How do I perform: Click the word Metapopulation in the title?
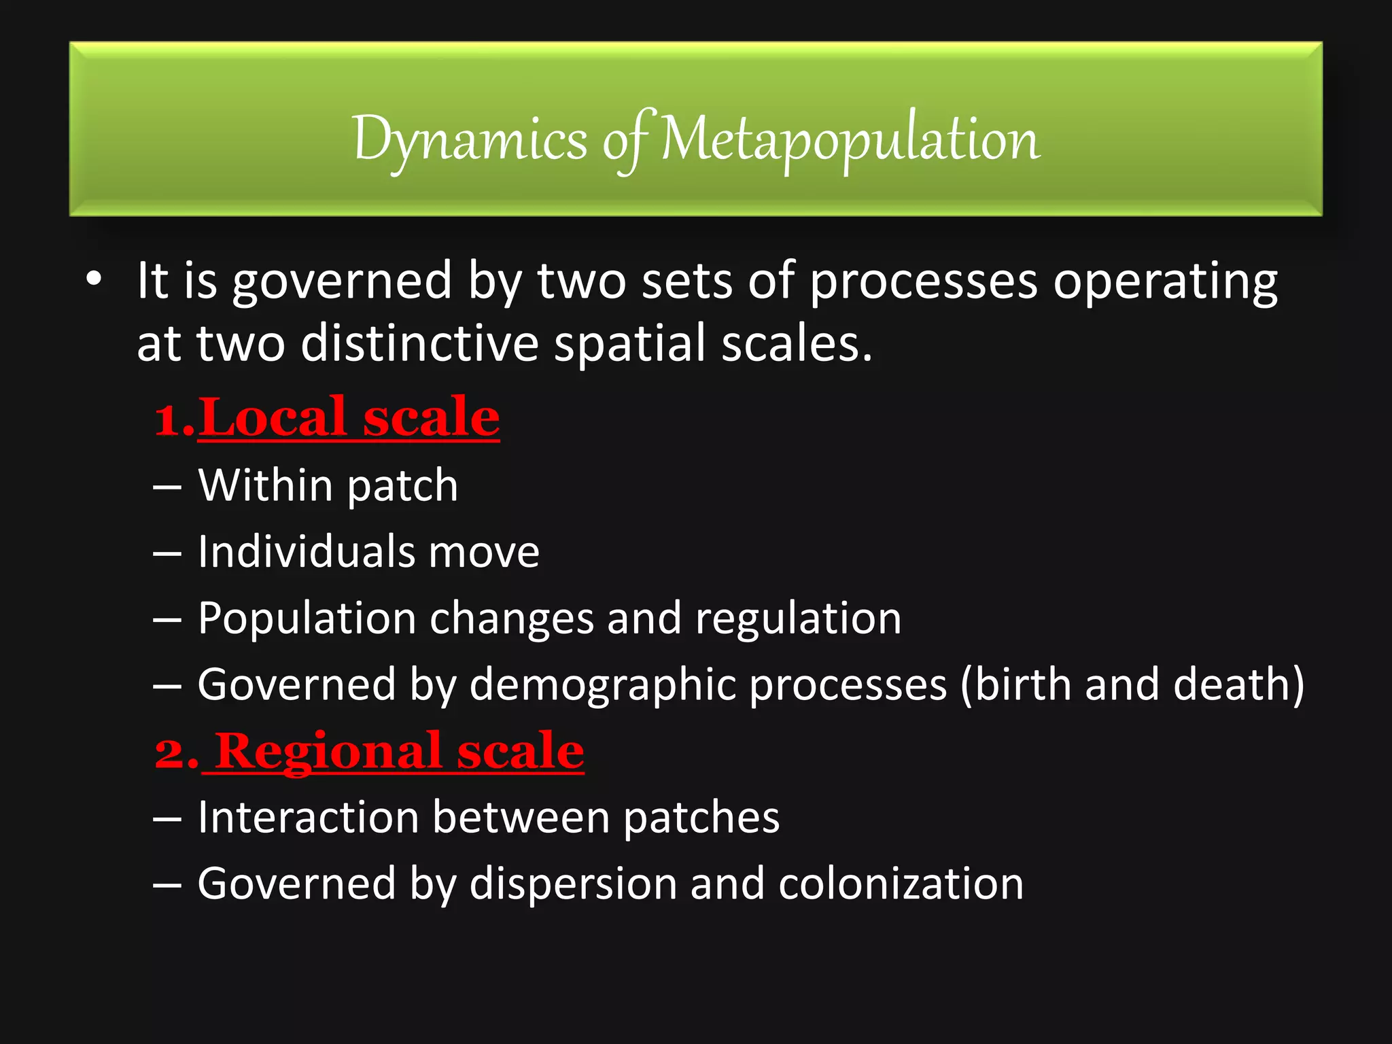click(850, 139)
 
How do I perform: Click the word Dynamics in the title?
click(469, 139)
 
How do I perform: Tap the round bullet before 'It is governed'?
click(94, 280)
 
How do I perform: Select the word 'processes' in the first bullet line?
click(923, 282)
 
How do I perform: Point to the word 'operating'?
click(1165, 282)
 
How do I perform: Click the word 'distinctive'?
click(419, 343)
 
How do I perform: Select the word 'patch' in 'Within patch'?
click(402, 487)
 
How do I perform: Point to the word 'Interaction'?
click(307, 817)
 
